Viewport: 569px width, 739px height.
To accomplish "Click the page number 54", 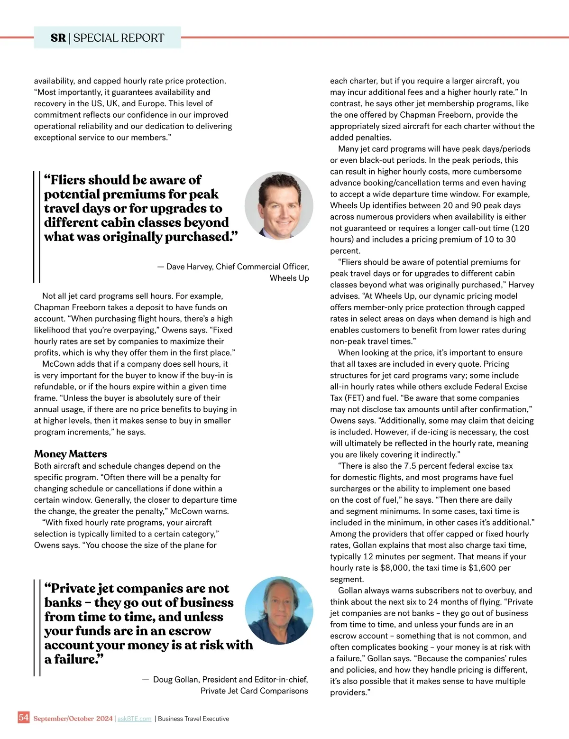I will click(24, 717).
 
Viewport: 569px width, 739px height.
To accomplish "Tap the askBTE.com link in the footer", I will click(134, 719).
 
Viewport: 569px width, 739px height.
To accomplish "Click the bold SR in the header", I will click(58, 38).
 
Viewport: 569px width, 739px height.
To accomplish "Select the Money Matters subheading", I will click(70, 454).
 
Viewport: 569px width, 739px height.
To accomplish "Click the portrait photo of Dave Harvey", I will click(279, 206).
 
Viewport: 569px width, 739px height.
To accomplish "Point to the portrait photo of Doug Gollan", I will click(279, 610).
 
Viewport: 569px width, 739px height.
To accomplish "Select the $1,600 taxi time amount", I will click(482, 568).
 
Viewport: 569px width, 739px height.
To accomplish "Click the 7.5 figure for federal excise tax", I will click(410, 466).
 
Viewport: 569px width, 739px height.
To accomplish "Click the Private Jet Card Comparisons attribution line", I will click(254, 691).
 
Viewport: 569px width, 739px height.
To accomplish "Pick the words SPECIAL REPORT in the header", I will click(119, 38).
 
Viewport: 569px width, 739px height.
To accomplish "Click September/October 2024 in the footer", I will click(73, 719).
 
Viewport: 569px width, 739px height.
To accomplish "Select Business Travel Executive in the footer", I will click(193, 719).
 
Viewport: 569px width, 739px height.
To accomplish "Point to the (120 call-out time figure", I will click(520, 228).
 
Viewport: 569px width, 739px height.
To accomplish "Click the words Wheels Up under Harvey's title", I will click(289, 278).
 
